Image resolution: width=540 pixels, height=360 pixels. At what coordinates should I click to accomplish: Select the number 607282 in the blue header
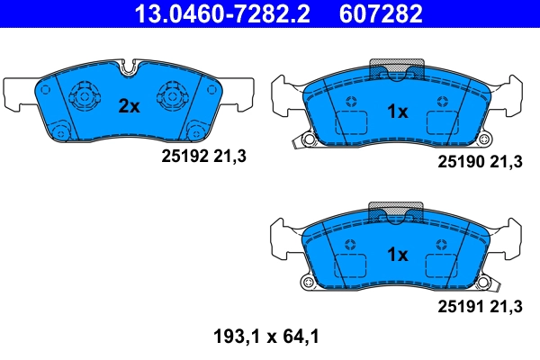382,14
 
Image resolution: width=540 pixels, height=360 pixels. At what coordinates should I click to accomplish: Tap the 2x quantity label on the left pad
130,106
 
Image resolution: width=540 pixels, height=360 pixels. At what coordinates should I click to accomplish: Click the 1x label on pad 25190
397,112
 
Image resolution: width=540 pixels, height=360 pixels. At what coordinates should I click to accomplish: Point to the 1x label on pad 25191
397,255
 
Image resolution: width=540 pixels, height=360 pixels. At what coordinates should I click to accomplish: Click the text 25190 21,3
480,163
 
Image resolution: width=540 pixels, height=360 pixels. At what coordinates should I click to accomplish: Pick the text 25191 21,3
480,307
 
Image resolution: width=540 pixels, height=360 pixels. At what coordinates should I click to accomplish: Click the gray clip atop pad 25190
397,68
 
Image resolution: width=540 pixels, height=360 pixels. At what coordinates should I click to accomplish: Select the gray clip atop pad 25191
397,212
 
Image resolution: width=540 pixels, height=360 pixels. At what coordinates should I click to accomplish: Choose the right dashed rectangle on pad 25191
442,266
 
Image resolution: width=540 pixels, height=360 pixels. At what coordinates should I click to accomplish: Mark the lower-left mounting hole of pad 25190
308,141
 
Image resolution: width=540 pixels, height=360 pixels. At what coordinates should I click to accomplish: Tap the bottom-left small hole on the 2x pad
61,132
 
